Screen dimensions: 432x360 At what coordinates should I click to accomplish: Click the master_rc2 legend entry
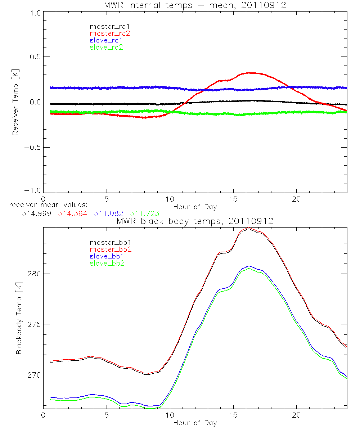(110, 33)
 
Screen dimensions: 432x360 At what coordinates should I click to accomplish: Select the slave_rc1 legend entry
(106, 40)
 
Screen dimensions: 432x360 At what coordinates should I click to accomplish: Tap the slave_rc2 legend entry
(106, 47)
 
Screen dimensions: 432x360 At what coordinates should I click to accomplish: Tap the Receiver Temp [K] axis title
(15, 102)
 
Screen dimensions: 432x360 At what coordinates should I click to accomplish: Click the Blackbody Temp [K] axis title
(18, 321)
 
